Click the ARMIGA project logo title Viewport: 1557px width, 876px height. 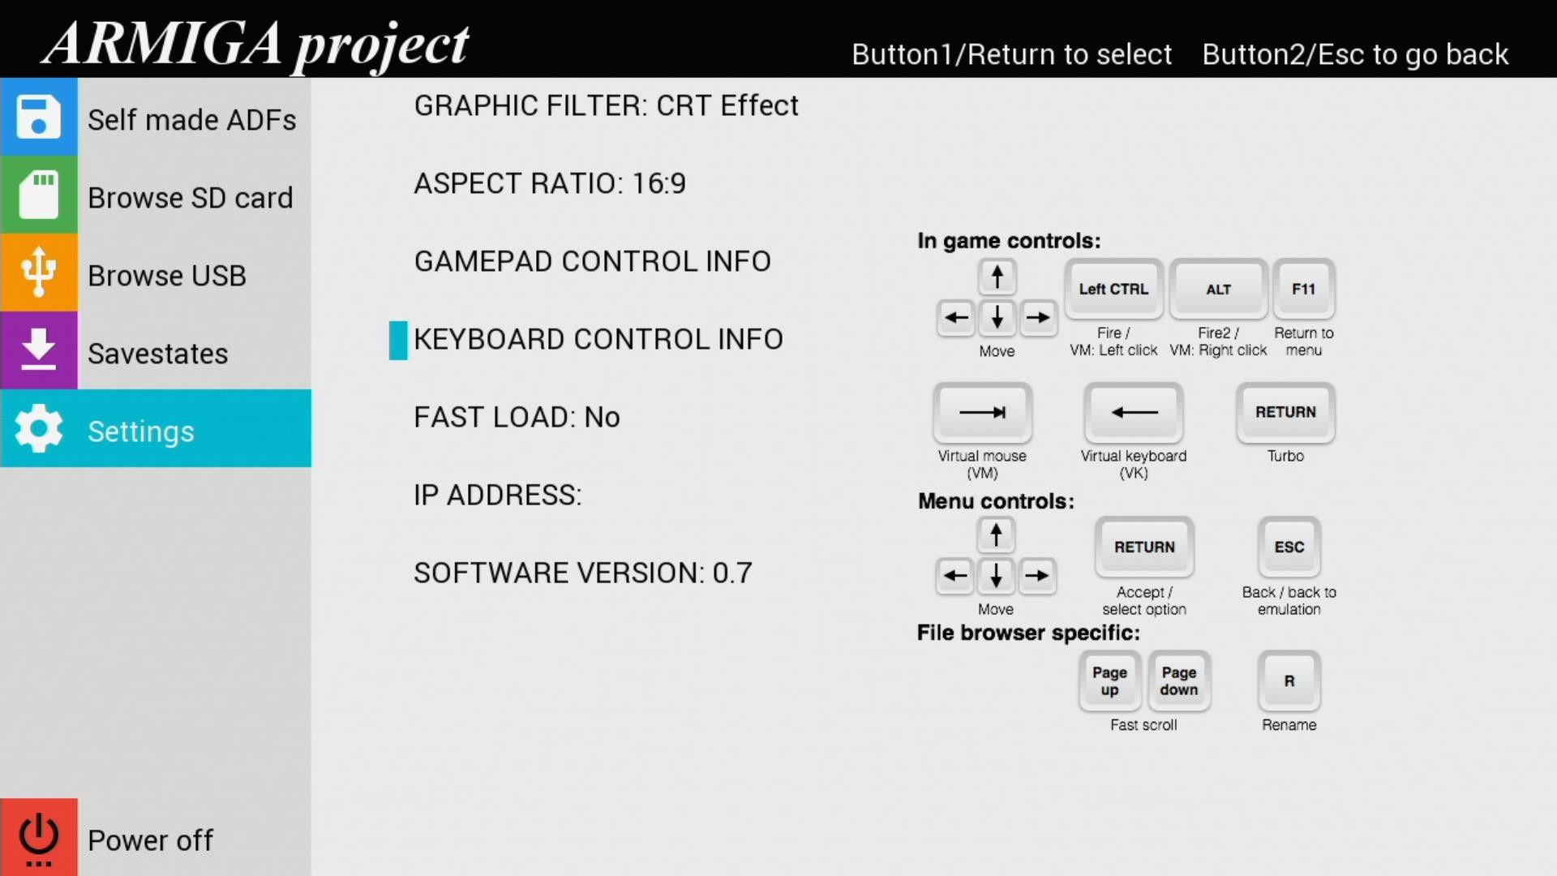click(x=255, y=45)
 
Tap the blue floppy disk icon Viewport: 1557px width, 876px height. click(x=38, y=116)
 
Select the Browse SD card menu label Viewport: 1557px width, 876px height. click(x=191, y=198)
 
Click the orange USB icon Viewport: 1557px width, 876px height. click(x=38, y=272)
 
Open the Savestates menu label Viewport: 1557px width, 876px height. click(x=158, y=354)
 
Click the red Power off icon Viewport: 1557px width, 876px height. click(x=38, y=836)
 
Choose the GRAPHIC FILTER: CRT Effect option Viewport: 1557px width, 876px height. click(x=606, y=105)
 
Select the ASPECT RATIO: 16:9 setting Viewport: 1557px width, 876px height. click(x=550, y=183)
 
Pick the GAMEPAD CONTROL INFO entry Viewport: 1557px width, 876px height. click(x=592, y=261)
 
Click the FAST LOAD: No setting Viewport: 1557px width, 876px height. click(x=517, y=417)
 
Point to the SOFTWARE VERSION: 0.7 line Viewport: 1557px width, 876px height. click(x=583, y=573)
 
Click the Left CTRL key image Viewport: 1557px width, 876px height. click(x=1113, y=289)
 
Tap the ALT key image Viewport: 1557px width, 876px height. click(x=1218, y=289)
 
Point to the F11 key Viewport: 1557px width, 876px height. click(x=1303, y=289)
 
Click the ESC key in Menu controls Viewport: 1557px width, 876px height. click(x=1289, y=547)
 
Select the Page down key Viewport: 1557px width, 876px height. click(x=1179, y=681)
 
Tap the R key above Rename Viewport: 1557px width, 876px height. click(x=1289, y=681)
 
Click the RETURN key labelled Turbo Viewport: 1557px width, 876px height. click(x=1285, y=412)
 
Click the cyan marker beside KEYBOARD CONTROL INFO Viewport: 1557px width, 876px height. click(x=398, y=340)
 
